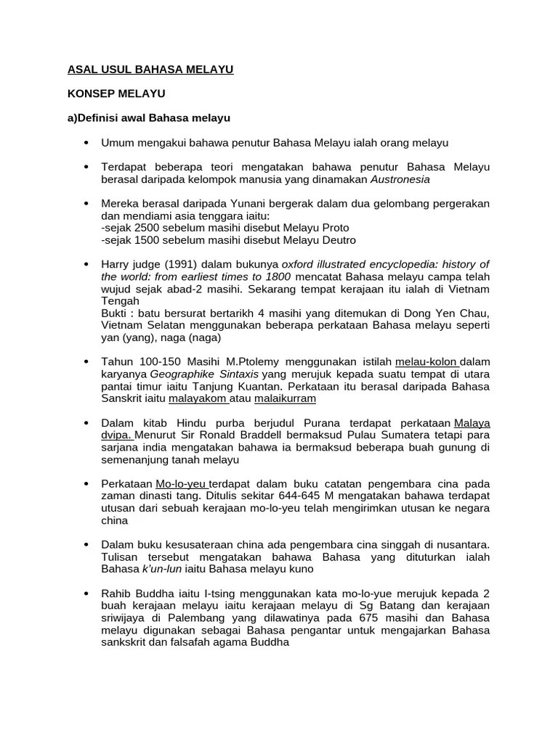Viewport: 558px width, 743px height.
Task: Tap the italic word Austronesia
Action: pos(400,178)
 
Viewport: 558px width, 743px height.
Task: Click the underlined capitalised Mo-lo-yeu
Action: pos(182,483)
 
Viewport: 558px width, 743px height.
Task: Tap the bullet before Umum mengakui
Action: pos(86,142)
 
